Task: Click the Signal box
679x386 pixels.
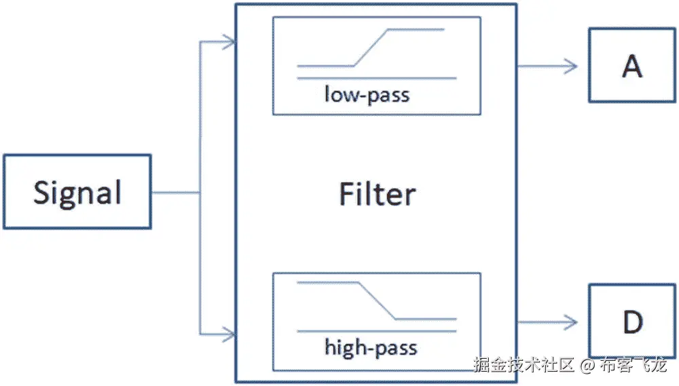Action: click(x=77, y=192)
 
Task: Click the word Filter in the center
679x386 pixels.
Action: click(x=377, y=195)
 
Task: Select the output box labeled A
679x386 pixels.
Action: click(x=631, y=66)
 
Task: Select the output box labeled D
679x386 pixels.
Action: click(x=631, y=322)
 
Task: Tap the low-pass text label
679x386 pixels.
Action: click(x=367, y=94)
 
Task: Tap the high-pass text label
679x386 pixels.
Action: click(x=370, y=349)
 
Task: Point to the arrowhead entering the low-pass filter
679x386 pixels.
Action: click(x=230, y=43)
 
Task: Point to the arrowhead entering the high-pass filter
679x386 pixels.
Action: click(x=230, y=334)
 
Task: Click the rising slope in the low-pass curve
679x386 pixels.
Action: click(x=371, y=47)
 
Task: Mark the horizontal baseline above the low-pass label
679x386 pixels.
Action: click(x=377, y=79)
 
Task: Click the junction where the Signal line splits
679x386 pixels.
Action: click(x=200, y=193)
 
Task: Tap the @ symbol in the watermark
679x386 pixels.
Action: click(x=587, y=366)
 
